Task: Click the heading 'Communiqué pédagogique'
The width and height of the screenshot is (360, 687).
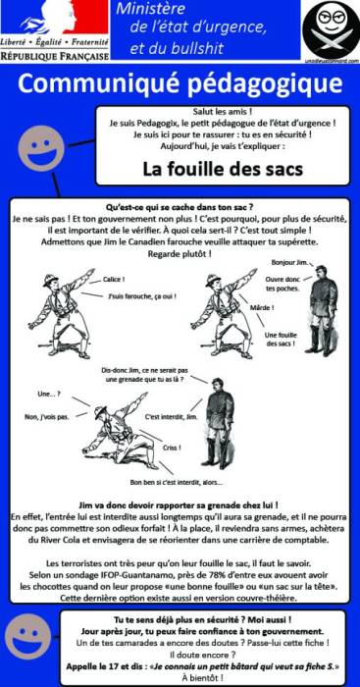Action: pos(180,85)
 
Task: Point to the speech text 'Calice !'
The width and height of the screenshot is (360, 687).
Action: pos(115,280)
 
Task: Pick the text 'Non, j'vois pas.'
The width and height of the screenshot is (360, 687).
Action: pos(46,417)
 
